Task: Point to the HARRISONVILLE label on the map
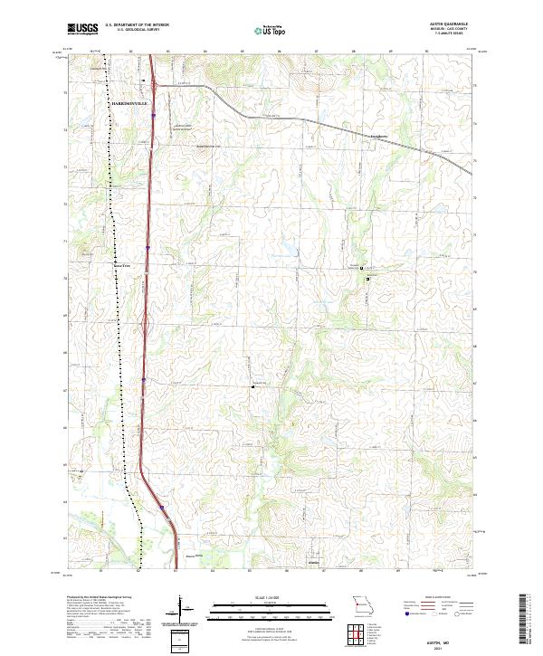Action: tap(128, 105)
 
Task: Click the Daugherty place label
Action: tap(377, 137)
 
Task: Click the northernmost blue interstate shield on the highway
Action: tap(154, 115)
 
